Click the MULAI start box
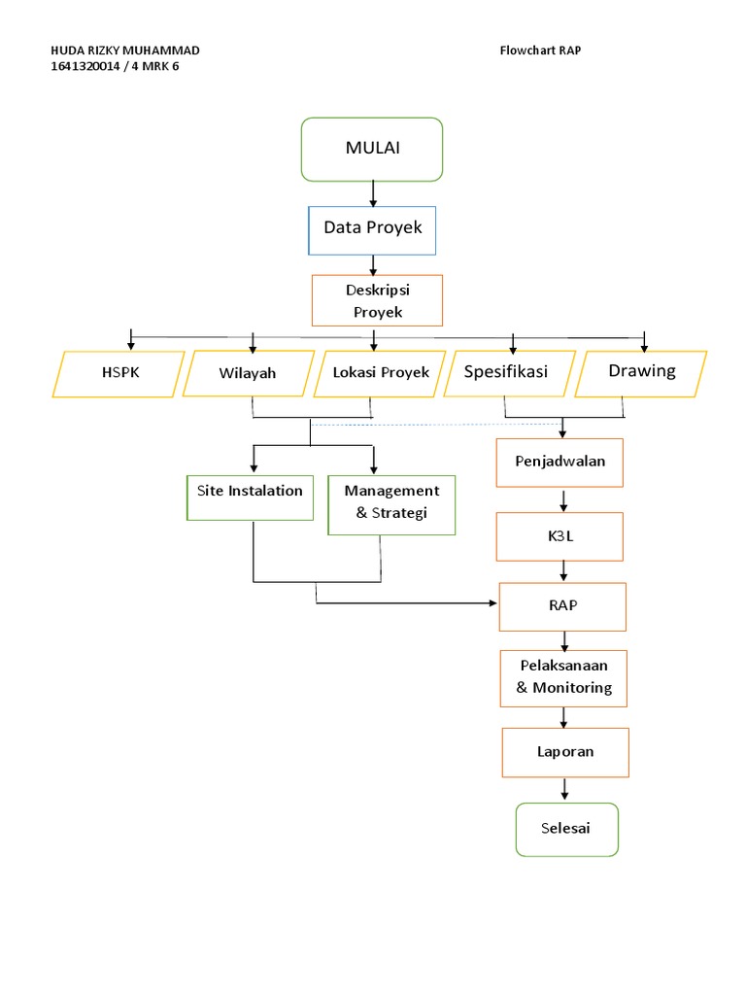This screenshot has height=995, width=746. (372, 149)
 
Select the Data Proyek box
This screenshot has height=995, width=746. (372, 229)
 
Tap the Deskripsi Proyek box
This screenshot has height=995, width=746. (377, 300)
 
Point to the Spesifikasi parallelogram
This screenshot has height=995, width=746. (506, 372)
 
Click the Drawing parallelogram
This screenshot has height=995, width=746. (640, 372)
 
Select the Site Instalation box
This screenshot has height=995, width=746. (250, 497)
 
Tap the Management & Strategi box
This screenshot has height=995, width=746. (391, 502)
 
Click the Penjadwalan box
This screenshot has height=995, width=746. (559, 462)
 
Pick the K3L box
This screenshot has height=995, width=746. (559, 535)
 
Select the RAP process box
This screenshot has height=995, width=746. (562, 606)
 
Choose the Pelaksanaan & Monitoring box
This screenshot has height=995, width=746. (564, 678)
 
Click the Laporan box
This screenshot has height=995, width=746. (565, 751)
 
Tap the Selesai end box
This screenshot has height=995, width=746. (566, 829)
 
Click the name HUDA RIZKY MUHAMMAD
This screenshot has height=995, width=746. (127, 51)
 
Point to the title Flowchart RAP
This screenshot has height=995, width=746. (540, 51)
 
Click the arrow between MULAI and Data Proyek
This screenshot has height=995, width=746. (373, 193)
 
